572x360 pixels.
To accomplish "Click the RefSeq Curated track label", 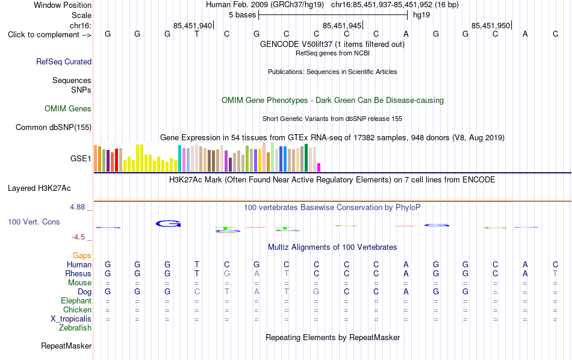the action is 64,61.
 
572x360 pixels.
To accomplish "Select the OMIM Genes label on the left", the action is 68,109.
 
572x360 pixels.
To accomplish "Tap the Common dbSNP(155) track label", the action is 54,127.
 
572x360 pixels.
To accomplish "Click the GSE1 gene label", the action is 81,158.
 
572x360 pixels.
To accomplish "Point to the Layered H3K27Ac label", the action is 39,188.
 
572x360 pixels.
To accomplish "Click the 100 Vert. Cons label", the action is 34,222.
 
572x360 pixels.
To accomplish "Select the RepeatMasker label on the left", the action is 66,346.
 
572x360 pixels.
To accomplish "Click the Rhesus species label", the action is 78,273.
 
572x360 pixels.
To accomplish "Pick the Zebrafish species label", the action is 75,327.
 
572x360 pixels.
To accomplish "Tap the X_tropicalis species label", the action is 71,319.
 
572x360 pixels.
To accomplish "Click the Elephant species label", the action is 76,300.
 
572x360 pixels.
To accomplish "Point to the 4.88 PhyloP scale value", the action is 77,207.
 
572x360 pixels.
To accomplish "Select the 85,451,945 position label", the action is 342,25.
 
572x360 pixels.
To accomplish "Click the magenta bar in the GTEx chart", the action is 319,167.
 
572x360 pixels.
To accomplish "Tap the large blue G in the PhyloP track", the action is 168,223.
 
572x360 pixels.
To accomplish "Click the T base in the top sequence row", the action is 197,34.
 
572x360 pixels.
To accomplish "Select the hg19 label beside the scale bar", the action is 421,15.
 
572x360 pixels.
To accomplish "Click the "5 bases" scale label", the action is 243,15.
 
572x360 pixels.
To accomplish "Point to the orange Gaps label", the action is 82,255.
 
